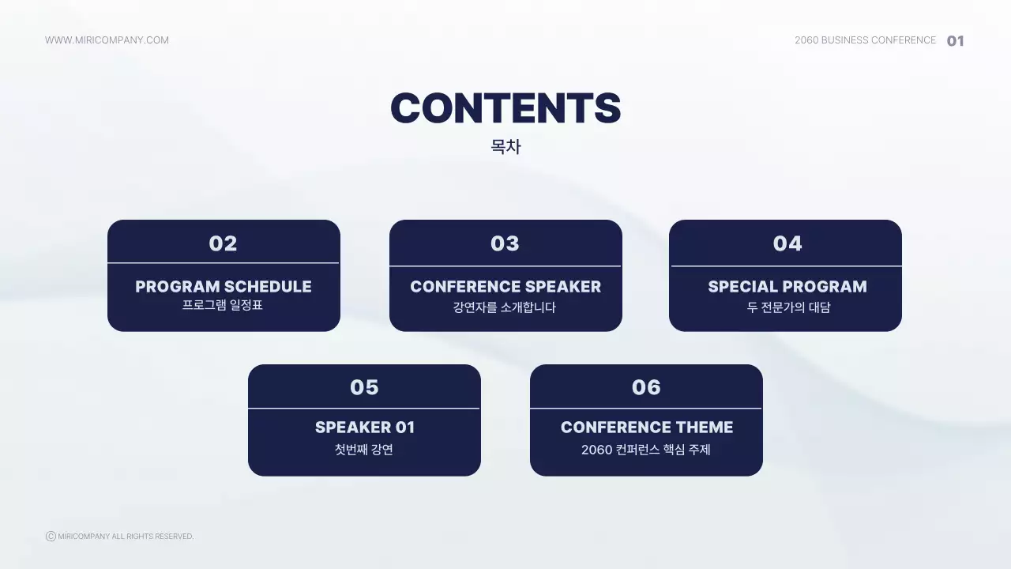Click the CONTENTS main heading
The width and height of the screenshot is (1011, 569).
505,108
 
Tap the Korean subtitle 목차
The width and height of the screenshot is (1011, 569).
505,147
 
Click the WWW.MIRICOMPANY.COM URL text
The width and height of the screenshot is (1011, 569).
107,40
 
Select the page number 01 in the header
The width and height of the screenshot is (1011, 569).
956,41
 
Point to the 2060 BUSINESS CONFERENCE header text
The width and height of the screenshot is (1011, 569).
865,40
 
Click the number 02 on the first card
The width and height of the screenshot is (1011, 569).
223,244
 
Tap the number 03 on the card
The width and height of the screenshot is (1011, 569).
505,244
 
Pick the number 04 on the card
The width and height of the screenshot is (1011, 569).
787,244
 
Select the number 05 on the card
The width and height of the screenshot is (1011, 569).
364,387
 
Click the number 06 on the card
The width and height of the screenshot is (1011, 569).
646,387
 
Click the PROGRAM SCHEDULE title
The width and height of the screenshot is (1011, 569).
224,287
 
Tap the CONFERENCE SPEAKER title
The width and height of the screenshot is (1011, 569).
505,287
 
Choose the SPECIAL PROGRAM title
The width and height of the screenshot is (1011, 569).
787,287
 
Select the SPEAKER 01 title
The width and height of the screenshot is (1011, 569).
365,428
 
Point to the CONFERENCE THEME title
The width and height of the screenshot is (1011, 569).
647,428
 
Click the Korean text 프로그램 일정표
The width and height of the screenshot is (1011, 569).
223,305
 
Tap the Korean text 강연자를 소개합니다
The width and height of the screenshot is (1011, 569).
504,307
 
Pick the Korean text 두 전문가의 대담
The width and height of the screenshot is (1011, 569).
788,307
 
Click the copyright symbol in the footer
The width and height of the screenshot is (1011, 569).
51,536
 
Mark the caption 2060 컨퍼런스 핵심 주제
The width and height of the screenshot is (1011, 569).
646,450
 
